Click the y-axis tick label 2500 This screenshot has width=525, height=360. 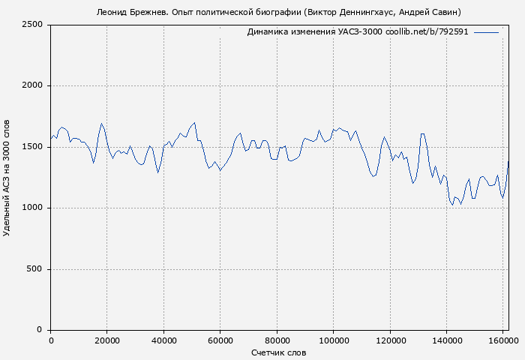pyautogui.click(x=32, y=25)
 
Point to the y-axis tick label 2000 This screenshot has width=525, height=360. pyautogui.click(x=32, y=86)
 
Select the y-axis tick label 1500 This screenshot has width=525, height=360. pyautogui.click(x=32, y=147)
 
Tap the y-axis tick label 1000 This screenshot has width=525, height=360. pyautogui.click(x=32, y=208)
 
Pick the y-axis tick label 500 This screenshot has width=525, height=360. pyautogui.click(x=34, y=269)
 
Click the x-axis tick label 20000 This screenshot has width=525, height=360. pyautogui.click(x=107, y=340)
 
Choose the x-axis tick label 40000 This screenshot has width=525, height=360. pyautogui.click(x=163, y=340)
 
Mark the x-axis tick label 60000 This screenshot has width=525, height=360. pyautogui.click(x=220, y=340)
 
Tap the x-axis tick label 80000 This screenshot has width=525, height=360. pyautogui.click(x=277, y=340)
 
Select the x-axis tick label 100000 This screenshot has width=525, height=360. pyautogui.click(x=333, y=340)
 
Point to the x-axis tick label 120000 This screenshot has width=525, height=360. pyautogui.click(x=390, y=340)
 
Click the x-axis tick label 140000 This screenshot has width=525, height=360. pyautogui.click(x=446, y=340)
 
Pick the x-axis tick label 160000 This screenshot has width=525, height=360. pyautogui.click(x=502, y=340)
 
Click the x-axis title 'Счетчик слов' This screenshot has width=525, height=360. pyautogui.click(x=279, y=352)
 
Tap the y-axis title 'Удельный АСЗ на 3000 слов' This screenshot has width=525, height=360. pyautogui.click(x=7, y=177)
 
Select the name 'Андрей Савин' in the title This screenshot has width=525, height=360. pyautogui.click(x=430, y=12)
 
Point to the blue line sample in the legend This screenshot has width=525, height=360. pyautogui.click(x=486, y=32)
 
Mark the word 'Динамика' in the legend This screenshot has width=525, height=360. pyautogui.click(x=268, y=32)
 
